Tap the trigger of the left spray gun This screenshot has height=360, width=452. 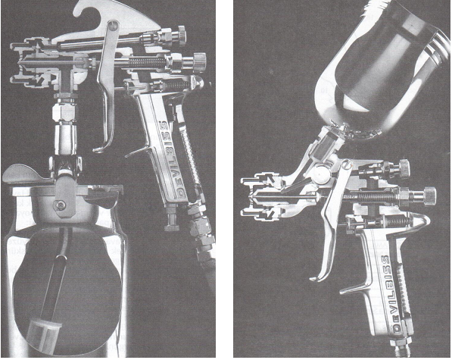click(x=106, y=86)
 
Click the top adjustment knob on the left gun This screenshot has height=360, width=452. click(x=181, y=35)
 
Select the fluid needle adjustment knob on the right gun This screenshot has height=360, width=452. click(x=429, y=196)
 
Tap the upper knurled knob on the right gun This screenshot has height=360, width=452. click(x=404, y=168)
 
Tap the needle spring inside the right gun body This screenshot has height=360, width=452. click(x=375, y=197)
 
